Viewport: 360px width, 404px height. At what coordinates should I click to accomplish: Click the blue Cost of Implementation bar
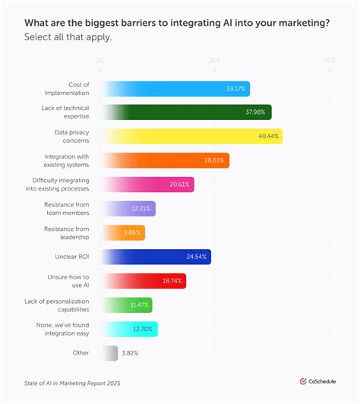tap(175, 89)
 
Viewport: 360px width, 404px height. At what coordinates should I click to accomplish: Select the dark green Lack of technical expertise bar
tap(186, 112)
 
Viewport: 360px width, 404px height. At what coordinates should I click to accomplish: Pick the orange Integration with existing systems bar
tap(165, 160)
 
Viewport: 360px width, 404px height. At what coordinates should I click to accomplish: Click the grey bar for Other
tap(109, 352)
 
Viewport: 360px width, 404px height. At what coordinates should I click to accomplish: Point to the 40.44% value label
tap(267, 137)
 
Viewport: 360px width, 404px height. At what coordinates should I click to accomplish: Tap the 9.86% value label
tap(131, 232)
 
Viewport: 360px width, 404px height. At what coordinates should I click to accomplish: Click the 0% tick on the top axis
tap(100, 60)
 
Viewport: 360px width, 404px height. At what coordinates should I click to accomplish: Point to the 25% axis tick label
tap(214, 60)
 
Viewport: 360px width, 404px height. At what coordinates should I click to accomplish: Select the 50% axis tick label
tap(329, 60)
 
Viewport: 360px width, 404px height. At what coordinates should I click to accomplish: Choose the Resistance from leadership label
tap(67, 232)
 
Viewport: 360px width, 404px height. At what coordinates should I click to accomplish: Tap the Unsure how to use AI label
tap(70, 280)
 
